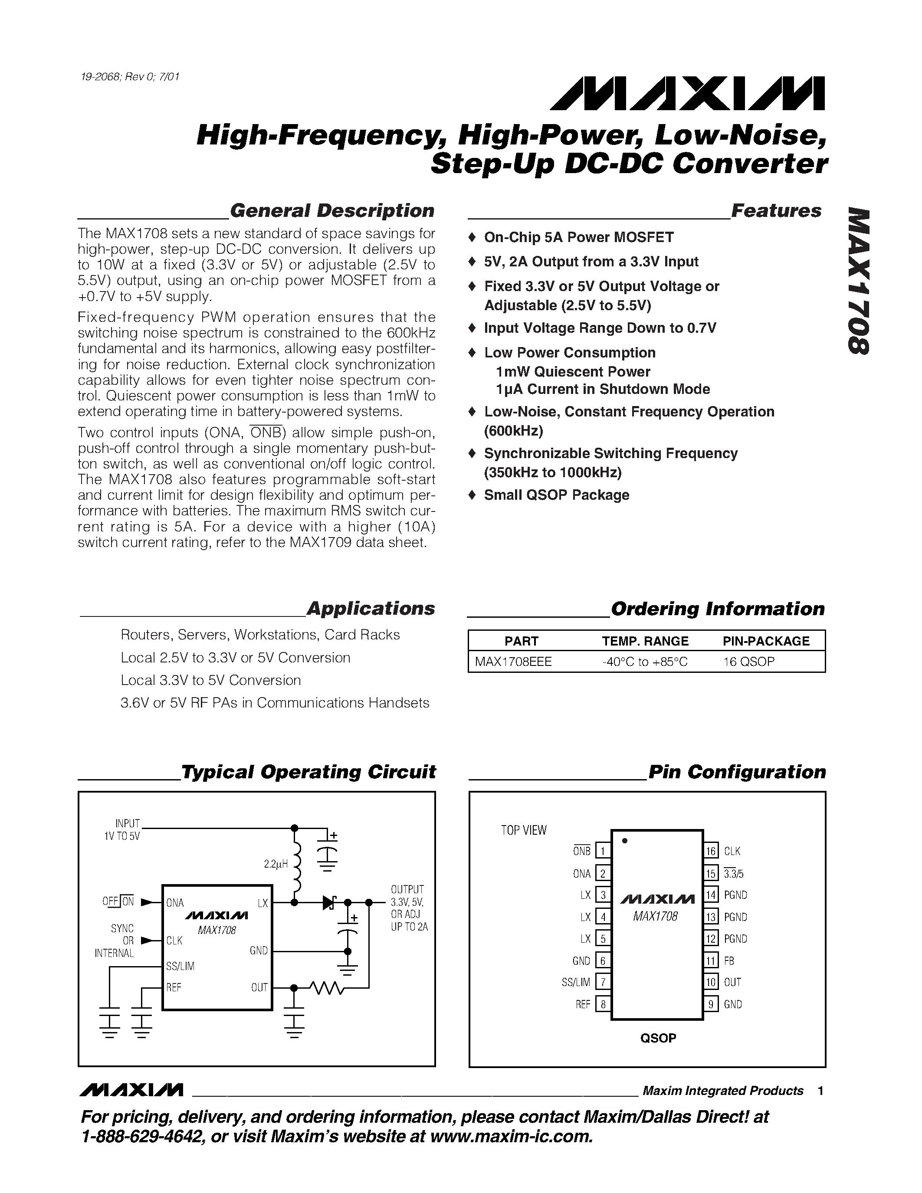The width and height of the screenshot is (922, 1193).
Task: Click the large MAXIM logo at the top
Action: [x=687, y=93]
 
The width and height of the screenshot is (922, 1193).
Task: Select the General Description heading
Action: [x=332, y=211]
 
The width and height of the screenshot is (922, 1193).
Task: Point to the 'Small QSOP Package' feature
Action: [x=556, y=495]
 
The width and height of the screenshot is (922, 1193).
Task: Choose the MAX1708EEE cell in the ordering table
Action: [x=513, y=662]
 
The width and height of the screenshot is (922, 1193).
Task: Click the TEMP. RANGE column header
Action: [x=645, y=641]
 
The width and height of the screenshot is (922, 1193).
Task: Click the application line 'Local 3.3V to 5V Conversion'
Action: [x=211, y=680]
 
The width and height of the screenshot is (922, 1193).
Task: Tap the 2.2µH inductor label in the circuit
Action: [x=275, y=865]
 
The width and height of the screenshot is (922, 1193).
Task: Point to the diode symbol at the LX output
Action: [x=329, y=902]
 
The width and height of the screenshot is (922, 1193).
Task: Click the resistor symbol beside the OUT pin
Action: [x=326, y=988]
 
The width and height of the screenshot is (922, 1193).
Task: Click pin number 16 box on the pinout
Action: [x=711, y=851]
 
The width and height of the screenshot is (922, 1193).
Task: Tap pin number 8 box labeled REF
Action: [x=603, y=1004]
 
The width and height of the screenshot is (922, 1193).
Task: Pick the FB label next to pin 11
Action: [x=729, y=961]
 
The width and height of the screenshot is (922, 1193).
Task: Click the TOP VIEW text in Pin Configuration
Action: [x=524, y=830]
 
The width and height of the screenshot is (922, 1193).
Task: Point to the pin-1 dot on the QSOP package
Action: [x=624, y=841]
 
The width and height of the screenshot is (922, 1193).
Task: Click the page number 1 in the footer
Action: [x=820, y=1091]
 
